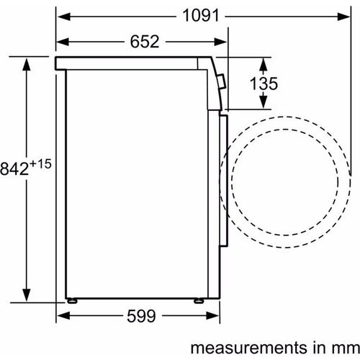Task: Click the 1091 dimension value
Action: click(201, 16)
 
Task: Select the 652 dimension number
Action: click(145, 42)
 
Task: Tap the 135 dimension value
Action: click(264, 84)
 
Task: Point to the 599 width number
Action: click(141, 316)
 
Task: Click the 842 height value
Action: click(14, 168)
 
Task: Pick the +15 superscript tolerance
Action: click(40, 164)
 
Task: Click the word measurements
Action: click(248, 348)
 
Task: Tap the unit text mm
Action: click(346, 348)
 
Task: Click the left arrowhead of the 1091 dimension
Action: click(63, 17)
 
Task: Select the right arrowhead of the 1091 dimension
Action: click(343, 17)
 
